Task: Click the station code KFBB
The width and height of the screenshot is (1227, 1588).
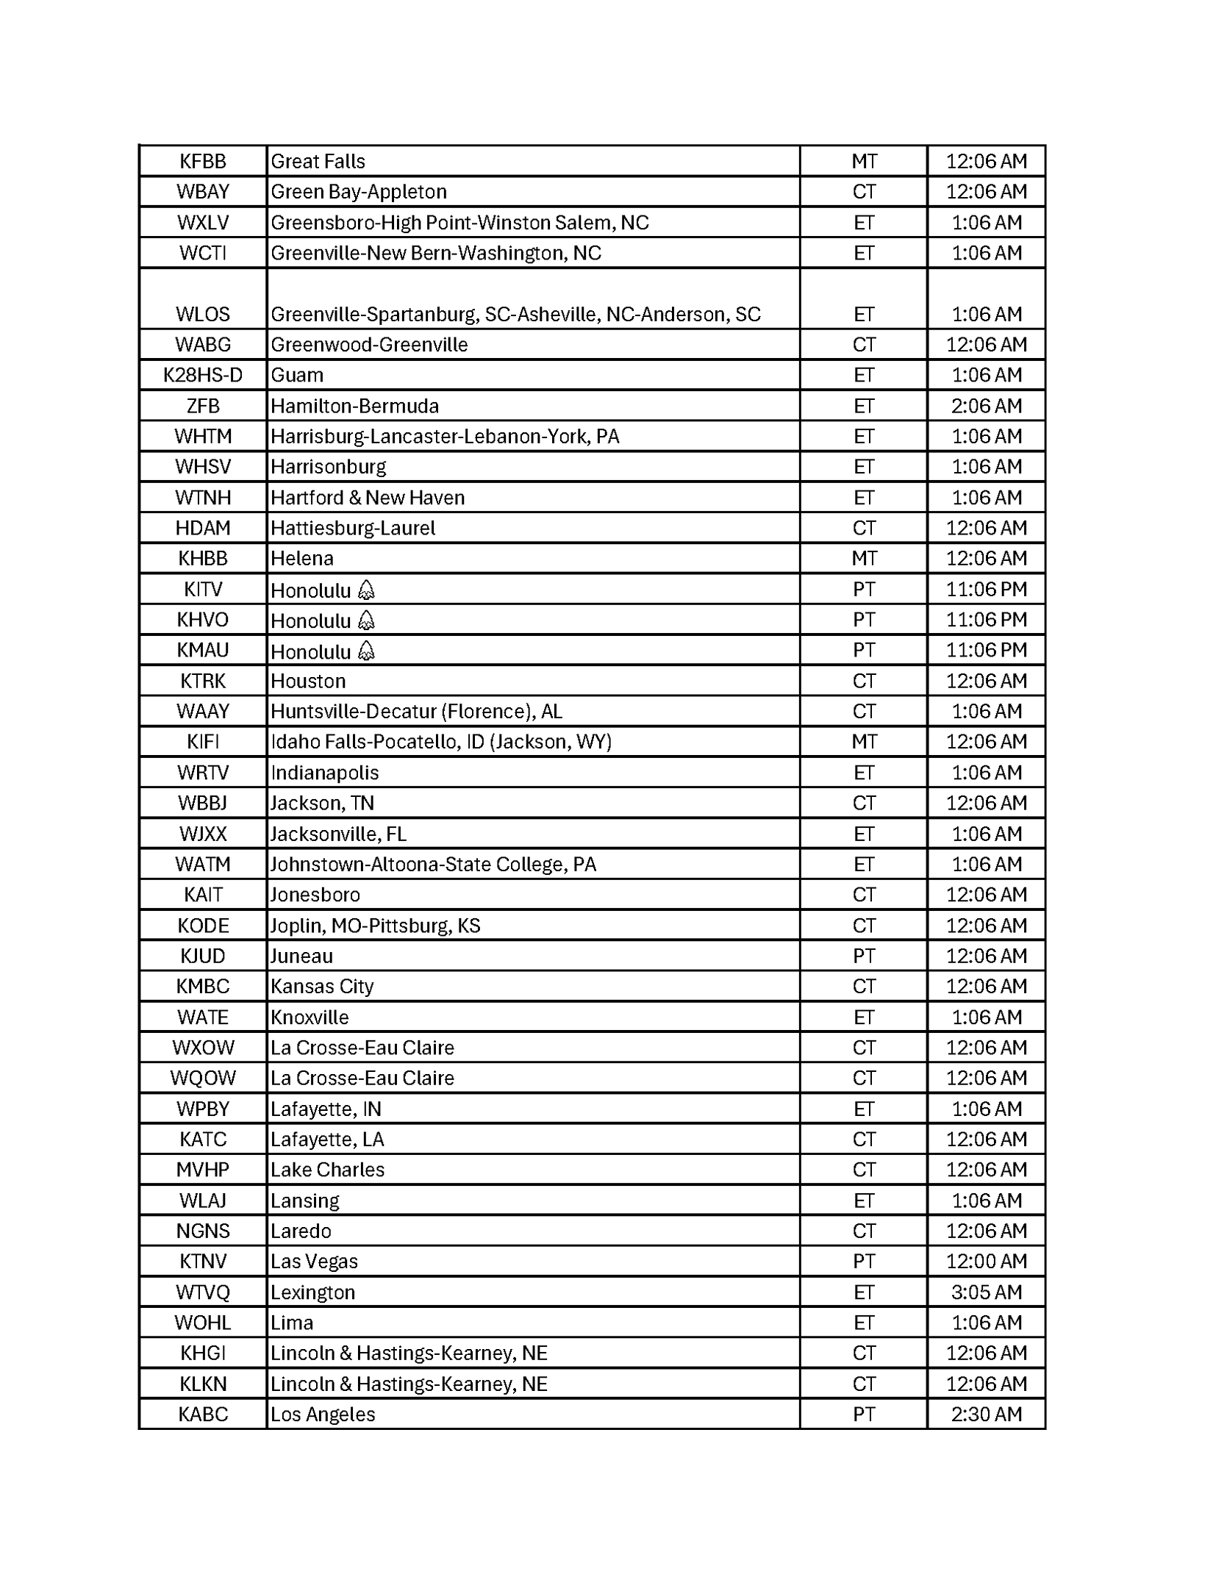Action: click(x=203, y=161)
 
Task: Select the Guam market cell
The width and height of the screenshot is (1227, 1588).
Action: click(x=297, y=375)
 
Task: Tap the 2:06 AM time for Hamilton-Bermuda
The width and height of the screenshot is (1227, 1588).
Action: click(x=986, y=406)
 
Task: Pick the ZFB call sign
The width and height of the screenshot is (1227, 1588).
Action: click(x=203, y=406)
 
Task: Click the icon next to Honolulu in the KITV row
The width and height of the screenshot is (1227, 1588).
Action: click(x=366, y=590)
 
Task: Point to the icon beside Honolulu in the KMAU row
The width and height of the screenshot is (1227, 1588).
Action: click(x=366, y=651)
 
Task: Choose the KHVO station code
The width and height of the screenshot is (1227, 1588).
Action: click(x=203, y=620)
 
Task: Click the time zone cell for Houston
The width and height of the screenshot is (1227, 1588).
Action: click(x=864, y=681)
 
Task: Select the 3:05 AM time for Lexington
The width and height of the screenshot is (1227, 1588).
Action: click(x=986, y=1292)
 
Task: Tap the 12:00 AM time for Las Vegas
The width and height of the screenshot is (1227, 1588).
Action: click(x=986, y=1261)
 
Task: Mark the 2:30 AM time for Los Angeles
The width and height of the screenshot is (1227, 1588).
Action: click(x=986, y=1414)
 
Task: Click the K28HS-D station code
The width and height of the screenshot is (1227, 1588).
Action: click(x=203, y=375)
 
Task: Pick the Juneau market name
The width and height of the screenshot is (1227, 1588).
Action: click(x=301, y=956)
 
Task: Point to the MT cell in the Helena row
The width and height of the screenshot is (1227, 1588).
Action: click(x=864, y=559)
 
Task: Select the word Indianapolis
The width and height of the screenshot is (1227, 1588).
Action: click(x=324, y=773)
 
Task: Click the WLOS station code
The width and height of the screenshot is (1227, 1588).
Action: click(x=203, y=314)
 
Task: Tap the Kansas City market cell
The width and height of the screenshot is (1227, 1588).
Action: click(x=322, y=986)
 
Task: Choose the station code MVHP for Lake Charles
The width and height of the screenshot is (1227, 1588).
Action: click(x=203, y=1169)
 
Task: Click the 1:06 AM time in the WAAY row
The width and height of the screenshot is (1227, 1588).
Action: click(x=986, y=711)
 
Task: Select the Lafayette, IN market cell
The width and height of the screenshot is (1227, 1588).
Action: click(x=326, y=1109)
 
